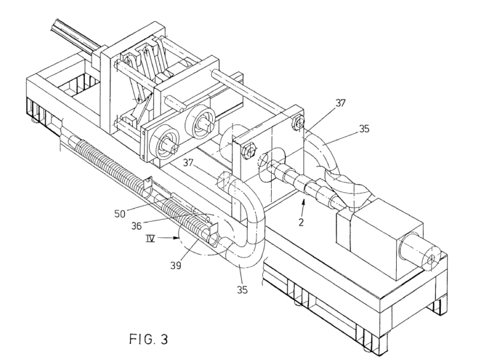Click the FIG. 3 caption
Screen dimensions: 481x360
(149, 339)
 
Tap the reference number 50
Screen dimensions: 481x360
(120, 214)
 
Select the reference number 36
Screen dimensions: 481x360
(136, 226)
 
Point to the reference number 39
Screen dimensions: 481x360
(176, 265)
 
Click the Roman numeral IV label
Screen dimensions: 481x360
(150, 238)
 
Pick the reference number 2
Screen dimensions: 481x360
(301, 222)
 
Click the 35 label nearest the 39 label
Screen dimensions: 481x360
(242, 290)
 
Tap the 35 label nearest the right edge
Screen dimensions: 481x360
(364, 129)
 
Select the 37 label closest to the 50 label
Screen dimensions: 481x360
(188, 162)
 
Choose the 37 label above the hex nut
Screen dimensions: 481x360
(340, 103)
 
